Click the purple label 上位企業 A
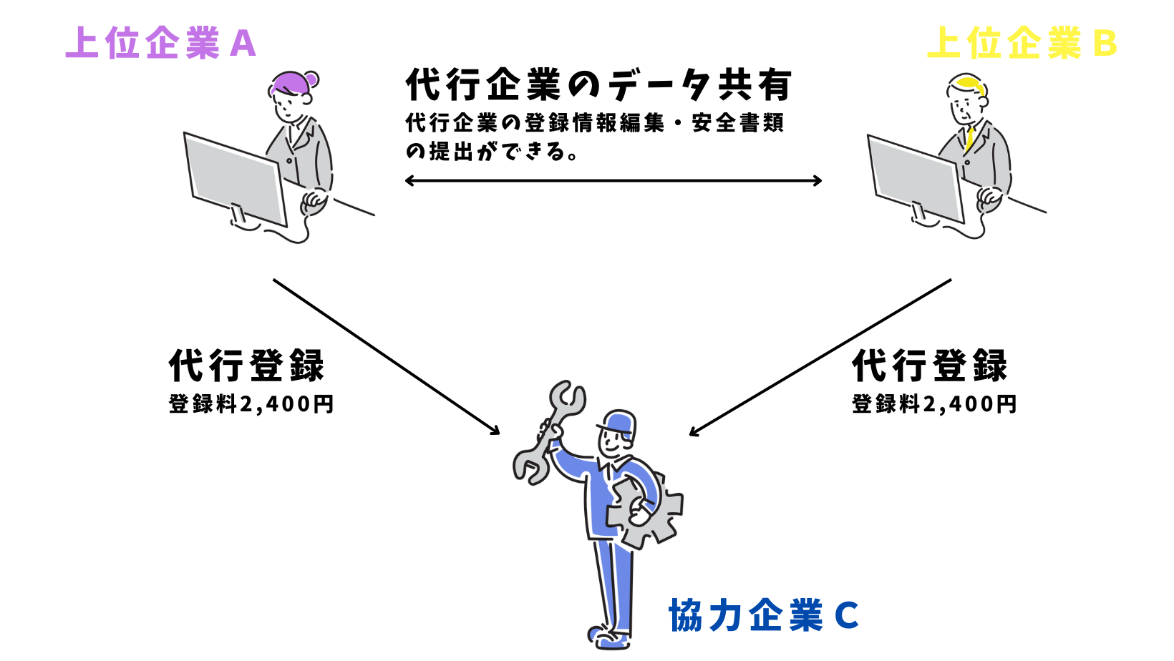(x=160, y=43)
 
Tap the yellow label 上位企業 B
(x=1022, y=43)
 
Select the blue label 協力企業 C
(x=763, y=615)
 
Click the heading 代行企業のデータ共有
(x=598, y=86)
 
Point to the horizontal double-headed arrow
(x=613, y=181)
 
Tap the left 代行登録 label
(x=247, y=366)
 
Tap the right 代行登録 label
(x=930, y=366)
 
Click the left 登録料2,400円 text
(x=251, y=404)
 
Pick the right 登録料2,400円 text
(x=934, y=404)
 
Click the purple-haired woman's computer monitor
(x=235, y=178)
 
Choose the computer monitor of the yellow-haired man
(x=916, y=177)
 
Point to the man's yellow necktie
(x=970, y=137)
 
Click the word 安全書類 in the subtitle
(x=738, y=123)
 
